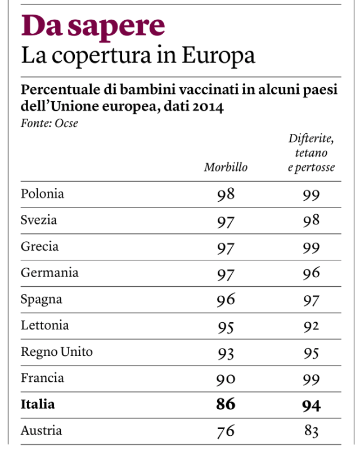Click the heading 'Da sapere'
(x=93, y=26)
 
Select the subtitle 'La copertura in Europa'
(x=138, y=56)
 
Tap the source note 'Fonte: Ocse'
(x=49, y=124)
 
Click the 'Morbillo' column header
(x=226, y=167)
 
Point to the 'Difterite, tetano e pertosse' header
(x=311, y=153)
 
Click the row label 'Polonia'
(x=43, y=194)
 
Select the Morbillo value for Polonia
(x=226, y=195)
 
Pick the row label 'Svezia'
(x=39, y=220)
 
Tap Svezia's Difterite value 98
(x=311, y=221)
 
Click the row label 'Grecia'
(x=39, y=247)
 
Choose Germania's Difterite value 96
(x=311, y=273)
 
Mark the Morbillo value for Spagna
(x=226, y=300)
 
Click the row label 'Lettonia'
(x=45, y=326)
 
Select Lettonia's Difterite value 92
(x=311, y=326)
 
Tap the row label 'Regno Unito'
(x=57, y=352)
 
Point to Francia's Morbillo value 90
(x=226, y=379)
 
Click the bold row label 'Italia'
(x=38, y=405)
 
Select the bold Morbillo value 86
(x=226, y=405)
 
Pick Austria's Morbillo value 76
(x=226, y=432)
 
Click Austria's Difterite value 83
(x=311, y=432)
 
